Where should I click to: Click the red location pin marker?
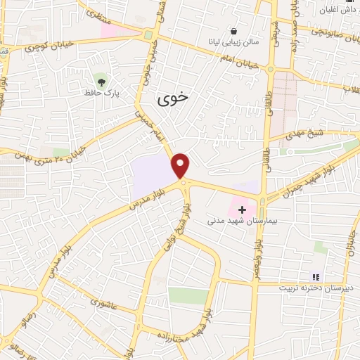tap(181, 165)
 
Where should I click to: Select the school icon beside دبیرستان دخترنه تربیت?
tap(316, 277)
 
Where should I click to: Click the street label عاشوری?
tap(106, 303)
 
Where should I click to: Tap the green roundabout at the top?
tap(148, 35)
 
